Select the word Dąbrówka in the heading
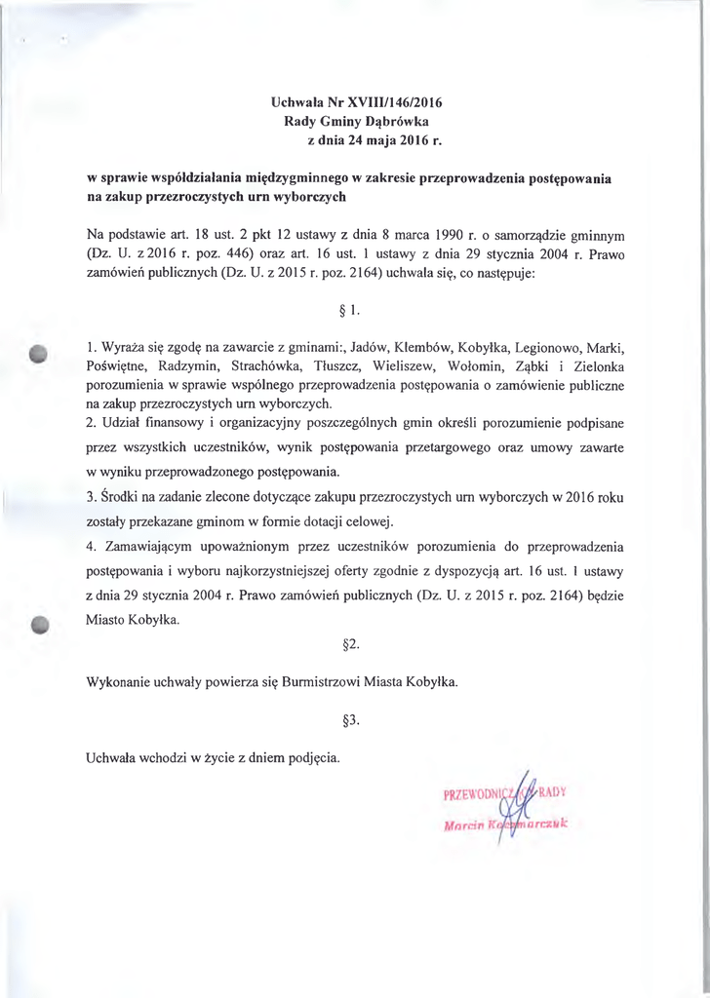coord(396,121)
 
